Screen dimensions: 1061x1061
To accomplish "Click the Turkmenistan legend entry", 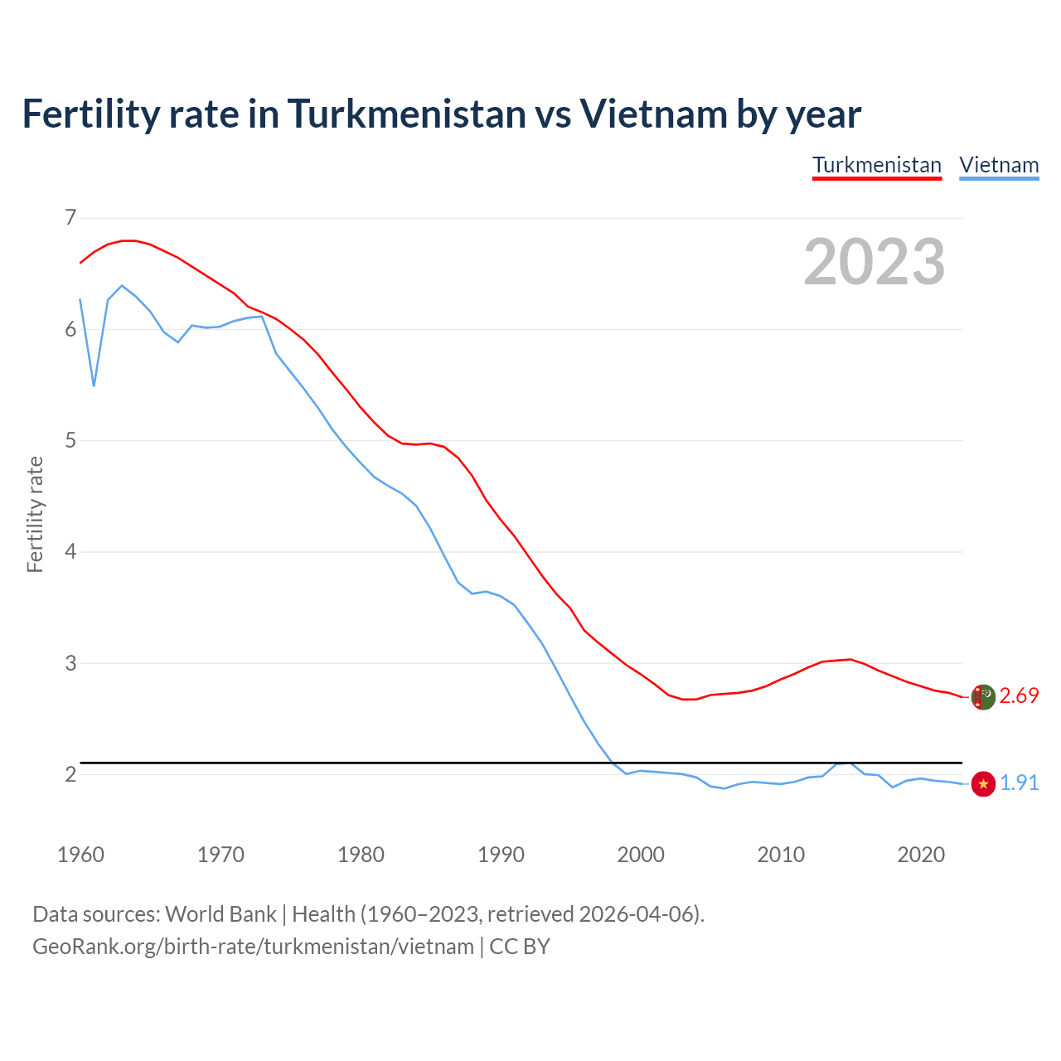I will pyautogui.click(x=876, y=165).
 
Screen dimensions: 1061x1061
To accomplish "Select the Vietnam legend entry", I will pyautogui.click(x=999, y=165).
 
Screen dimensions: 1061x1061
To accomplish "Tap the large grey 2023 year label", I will pyautogui.click(x=874, y=262).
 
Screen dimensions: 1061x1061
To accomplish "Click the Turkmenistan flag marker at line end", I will pyautogui.click(x=983, y=697).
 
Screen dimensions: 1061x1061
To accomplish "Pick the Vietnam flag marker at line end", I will pyautogui.click(x=983, y=783).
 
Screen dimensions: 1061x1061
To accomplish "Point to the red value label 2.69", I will pyautogui.click(x=1019, y=696).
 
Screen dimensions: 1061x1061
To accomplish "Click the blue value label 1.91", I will pyautogui.click(x=1019, y=783).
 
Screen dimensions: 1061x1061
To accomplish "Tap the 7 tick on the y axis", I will pyautogui.click(x=70, y=218).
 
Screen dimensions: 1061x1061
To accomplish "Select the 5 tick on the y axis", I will pyautogui.click(x=70, y=440).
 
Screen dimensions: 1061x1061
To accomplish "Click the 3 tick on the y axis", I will pyautogui.click(x=70, y=663).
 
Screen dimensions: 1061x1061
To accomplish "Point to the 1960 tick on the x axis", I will pyautogui.click(x=80, y=855).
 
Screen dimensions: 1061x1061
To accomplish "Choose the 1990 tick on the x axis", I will pyautogui.click(x=501, y=855).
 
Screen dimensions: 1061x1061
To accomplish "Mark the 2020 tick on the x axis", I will pyautogui.click(x=921, y=855).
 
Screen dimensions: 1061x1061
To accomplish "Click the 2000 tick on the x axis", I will pyautogui.click(x=641, y=855).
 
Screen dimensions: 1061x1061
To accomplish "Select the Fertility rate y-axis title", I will pyautogui.click(x=35, y=514).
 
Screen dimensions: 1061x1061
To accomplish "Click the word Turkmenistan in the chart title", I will pyautogui.click(x=406, y=114).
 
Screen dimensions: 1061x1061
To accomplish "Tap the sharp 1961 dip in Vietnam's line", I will pyautogui.click(x=94, y=385).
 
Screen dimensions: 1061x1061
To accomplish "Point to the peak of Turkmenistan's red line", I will pyautogui.click(x=128, y=240).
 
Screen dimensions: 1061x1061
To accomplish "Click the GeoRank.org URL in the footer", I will pyautogui.click(x=253, y=947).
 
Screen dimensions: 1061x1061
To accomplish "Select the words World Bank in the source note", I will pyautogui.click(x=220, y=914).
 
